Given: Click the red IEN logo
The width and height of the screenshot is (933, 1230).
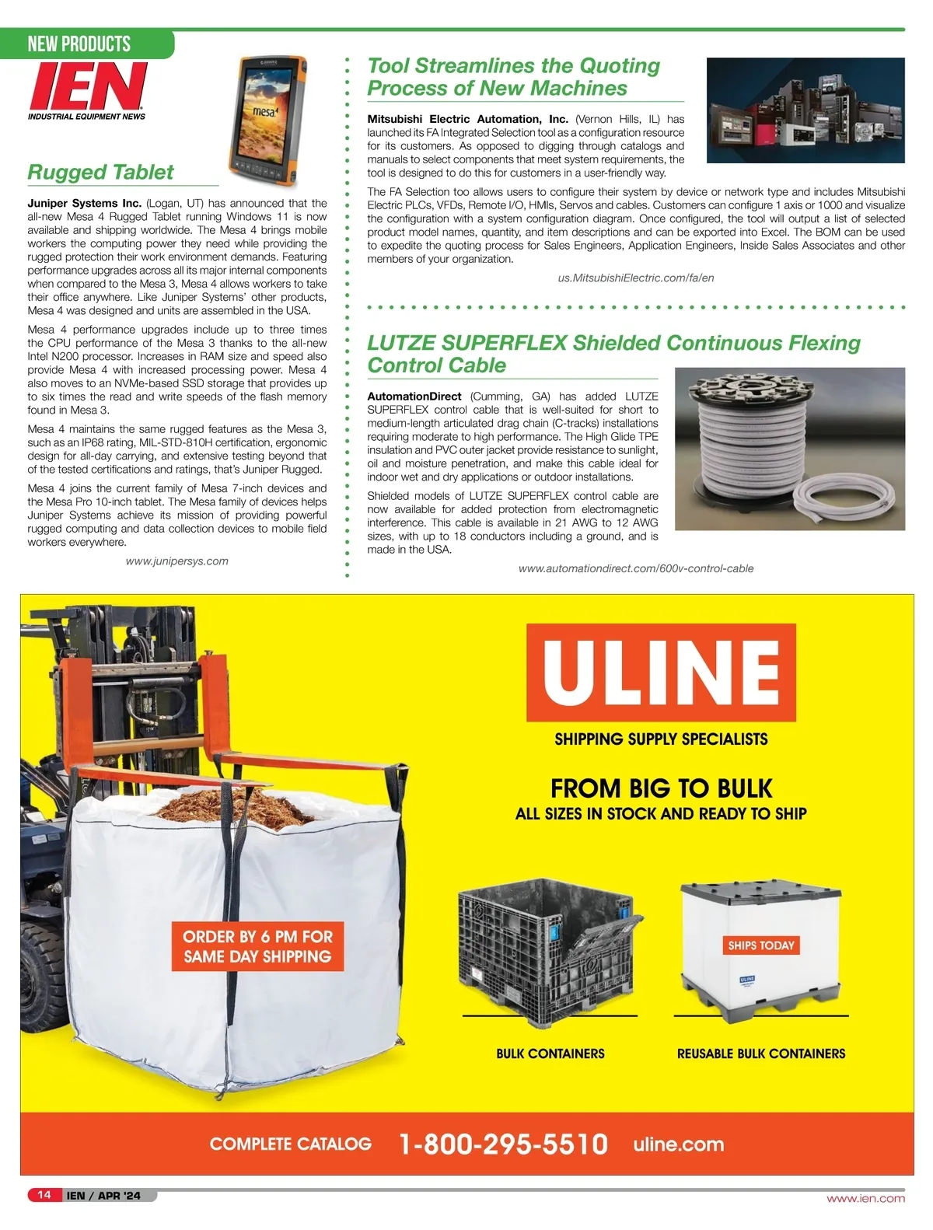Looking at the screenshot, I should coord(87,87).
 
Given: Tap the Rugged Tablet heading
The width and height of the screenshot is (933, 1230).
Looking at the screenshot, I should coord(100,173).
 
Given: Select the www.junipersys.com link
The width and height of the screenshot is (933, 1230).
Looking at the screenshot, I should coord(177,561).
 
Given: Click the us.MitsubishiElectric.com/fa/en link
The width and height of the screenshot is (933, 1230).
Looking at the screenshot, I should coord(635,278).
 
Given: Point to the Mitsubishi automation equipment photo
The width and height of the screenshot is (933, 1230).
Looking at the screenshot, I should coord(805,110).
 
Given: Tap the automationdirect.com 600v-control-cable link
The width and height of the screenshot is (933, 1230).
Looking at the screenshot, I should coord(635,568).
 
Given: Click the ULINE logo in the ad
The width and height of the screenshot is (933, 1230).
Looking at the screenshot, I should coord(661,673).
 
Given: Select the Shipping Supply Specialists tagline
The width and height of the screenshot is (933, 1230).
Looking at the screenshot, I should coord(661,739).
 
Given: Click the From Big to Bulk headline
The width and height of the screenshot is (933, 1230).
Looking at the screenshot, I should coord(661,789).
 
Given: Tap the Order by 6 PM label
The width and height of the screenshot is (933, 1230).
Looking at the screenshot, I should coord(257,946).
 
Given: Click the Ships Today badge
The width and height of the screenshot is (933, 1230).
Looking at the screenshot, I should coord(760,945).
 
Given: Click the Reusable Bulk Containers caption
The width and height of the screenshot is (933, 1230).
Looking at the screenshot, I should coord(761,1054).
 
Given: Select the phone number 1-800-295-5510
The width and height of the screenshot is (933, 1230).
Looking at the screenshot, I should coord(503,1144).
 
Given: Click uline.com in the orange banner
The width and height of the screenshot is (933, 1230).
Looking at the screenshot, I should coord(678,1144).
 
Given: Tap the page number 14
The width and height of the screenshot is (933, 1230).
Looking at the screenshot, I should coord(44,1195).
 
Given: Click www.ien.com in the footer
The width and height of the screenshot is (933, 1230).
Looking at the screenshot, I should coord(865,1198).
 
